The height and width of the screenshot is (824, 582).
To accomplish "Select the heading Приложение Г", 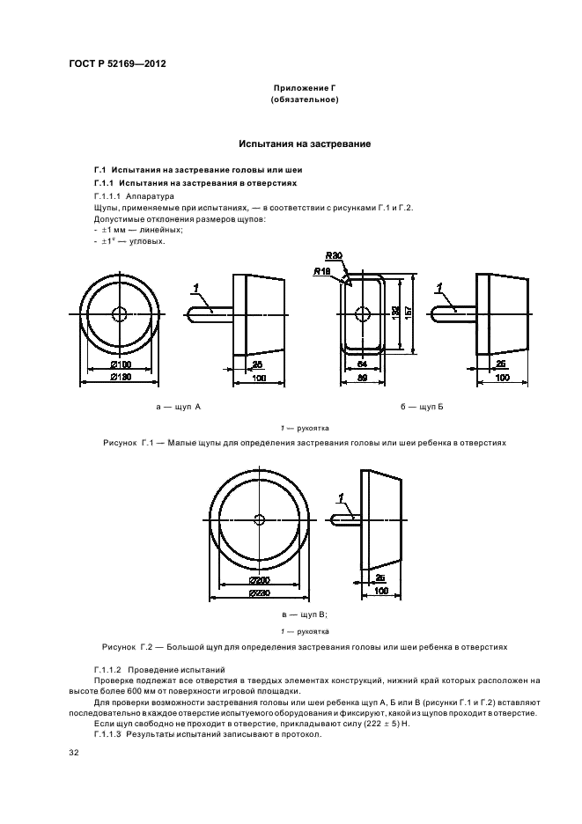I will coord(305,88).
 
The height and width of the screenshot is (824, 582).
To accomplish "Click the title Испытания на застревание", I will coord(305,143).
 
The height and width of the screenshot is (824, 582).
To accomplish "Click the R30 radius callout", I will coord(332,256).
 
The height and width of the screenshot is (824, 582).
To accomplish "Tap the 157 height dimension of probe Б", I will coord(408,314).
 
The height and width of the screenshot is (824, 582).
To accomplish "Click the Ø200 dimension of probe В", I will coord(259,581).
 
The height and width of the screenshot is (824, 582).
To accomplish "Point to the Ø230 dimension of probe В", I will coord(259,594).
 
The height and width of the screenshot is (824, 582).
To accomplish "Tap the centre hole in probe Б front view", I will coord(361,313).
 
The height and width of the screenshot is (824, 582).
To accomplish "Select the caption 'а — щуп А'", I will coord(179,408).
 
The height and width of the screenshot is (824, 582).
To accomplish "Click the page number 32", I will coord(75,754).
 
